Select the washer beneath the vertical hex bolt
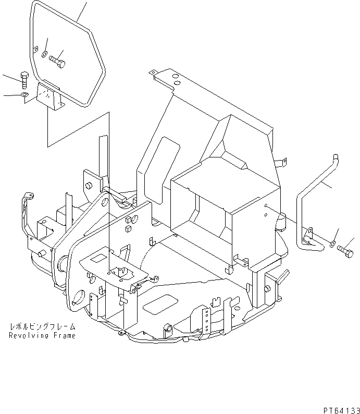click(24, 95)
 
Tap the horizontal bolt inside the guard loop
click(57, 62)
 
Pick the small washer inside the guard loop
click(45, 54)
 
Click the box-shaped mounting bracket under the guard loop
click(50, 97)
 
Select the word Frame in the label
click(65, 336)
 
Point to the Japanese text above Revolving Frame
click(42, 327)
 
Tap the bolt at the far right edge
click(345, 251)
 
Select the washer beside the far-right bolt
click(332, 243)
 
